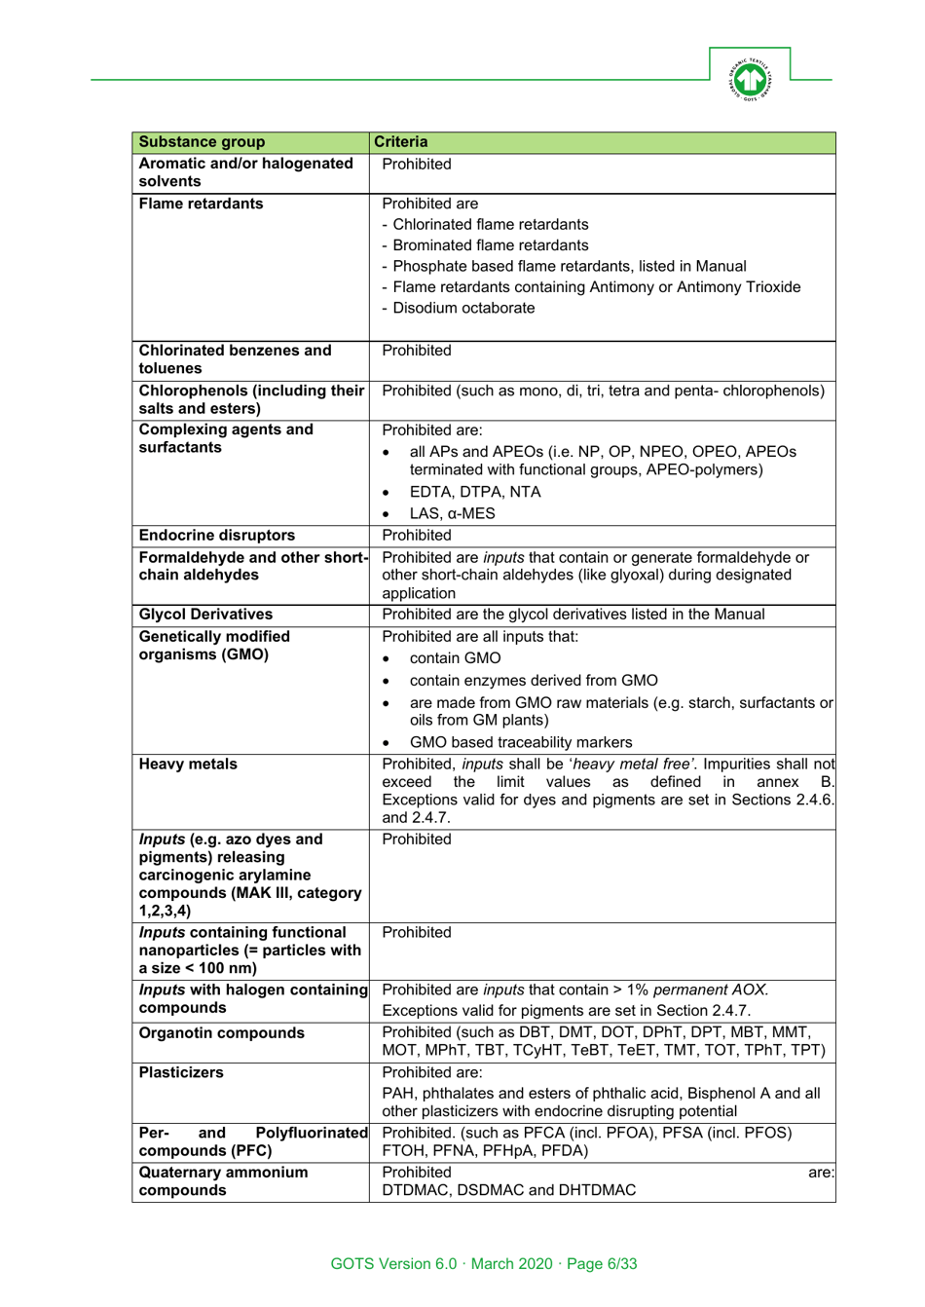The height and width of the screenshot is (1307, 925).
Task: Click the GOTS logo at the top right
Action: point(749,79)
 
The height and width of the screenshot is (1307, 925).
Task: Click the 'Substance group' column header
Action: point(202,142)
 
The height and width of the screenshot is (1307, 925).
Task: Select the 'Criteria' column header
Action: point(400,142)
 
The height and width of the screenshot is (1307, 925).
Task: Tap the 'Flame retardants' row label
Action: point(201,204)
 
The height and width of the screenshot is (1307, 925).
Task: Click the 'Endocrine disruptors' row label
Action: point(216,535)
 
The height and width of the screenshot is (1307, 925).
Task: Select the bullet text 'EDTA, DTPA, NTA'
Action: point(474,492)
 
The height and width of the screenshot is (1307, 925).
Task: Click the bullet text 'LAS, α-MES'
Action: point(452,513)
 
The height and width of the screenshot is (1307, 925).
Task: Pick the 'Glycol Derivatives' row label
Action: point(205,614)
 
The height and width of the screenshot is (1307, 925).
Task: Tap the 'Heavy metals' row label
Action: point(188,764)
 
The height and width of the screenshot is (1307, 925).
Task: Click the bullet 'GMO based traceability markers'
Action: point(521,742)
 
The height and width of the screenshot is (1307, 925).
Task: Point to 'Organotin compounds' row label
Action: point(221,1032)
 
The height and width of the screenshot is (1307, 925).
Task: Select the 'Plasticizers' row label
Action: point(181,1072)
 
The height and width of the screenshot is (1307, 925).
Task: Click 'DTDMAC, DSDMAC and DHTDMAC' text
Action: point(508,1190)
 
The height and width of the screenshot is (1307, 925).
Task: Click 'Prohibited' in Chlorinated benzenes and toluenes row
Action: point(416,351)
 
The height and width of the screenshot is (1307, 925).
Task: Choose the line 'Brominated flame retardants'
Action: point(490,245)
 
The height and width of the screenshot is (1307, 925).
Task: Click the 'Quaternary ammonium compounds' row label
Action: point(223,1180)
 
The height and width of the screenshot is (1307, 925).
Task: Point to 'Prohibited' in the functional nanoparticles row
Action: point(416,932)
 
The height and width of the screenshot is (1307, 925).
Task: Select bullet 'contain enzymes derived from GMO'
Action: point(533,680)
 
